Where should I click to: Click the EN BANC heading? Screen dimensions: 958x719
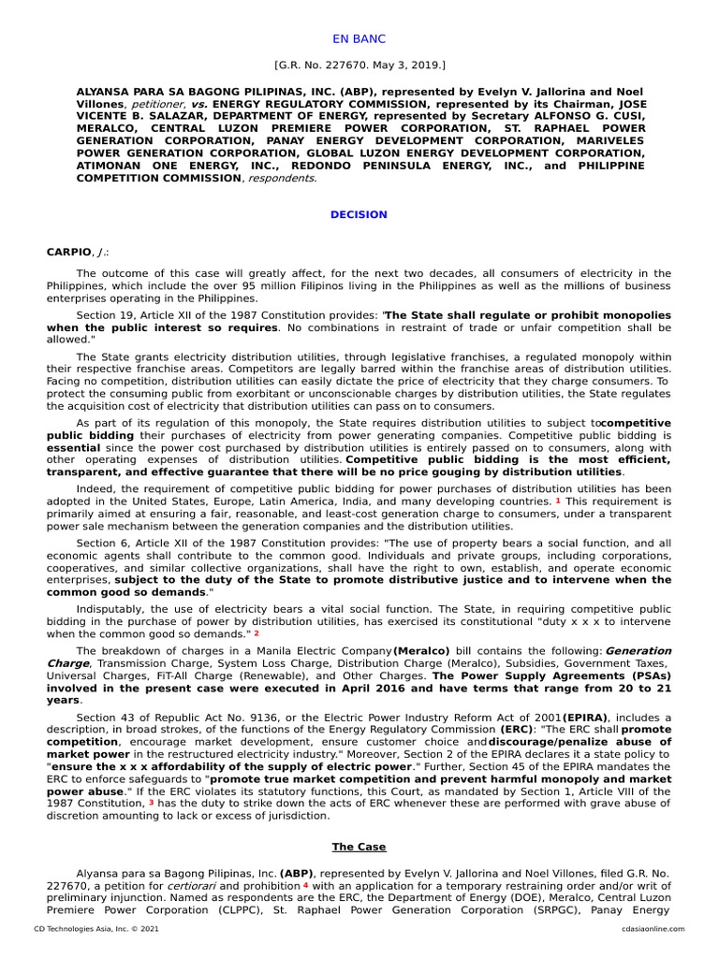click(359, 39)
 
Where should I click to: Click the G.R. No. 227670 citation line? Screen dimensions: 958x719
click(359, 66)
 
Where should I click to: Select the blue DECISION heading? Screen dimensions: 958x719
click(359, 214)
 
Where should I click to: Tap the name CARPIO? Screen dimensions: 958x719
click(69, 252)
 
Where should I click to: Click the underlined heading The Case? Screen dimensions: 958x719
click(359, 847)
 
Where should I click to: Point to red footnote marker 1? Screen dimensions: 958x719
click(558, 501)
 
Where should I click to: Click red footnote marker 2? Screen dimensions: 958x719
click(257, 632)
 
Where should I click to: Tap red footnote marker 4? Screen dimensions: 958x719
click(305, 885)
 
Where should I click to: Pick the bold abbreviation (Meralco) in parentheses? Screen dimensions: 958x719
click(421, 650)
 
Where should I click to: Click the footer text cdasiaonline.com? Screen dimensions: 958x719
click(652, 929)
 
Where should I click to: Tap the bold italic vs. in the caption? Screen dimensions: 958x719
click(200, 106)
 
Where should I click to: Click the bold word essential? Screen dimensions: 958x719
click(73, 448)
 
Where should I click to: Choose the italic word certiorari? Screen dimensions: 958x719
click(196, 885)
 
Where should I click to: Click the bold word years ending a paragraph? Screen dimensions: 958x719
click(63, 699)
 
